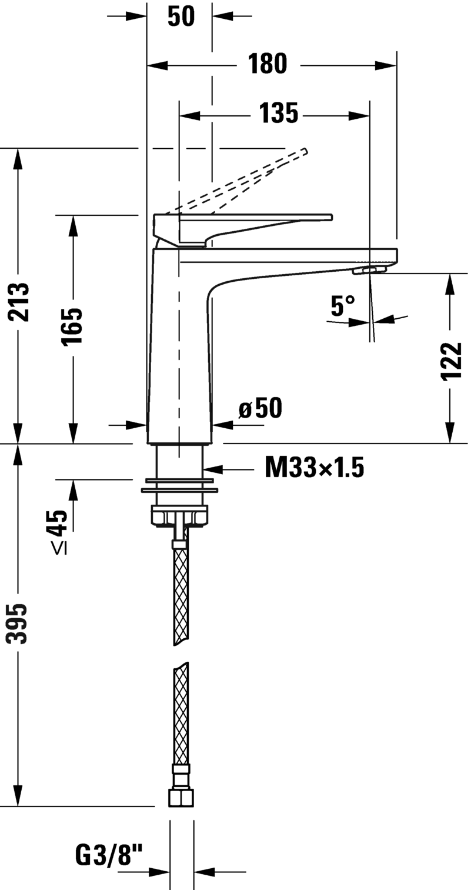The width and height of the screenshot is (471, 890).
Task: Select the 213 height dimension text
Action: [x=21, y=302]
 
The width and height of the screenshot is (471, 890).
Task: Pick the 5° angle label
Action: [x=343, y=305]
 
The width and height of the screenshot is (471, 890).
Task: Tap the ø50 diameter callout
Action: [x=260, y=408]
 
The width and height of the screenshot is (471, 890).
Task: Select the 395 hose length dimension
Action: [x=21, y=623]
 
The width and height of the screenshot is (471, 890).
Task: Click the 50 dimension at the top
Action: [x=181, y=16]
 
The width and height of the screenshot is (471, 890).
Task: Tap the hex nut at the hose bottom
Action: [x=181, y=797]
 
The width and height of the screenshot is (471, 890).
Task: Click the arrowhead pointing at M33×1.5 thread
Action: [x=212, y=469]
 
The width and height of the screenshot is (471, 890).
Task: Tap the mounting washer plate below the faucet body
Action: [x=179, y=488]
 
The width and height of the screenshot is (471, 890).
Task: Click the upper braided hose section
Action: [x=181, y=594]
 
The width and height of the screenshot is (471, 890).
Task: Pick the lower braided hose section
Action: [x=181, y=712]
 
